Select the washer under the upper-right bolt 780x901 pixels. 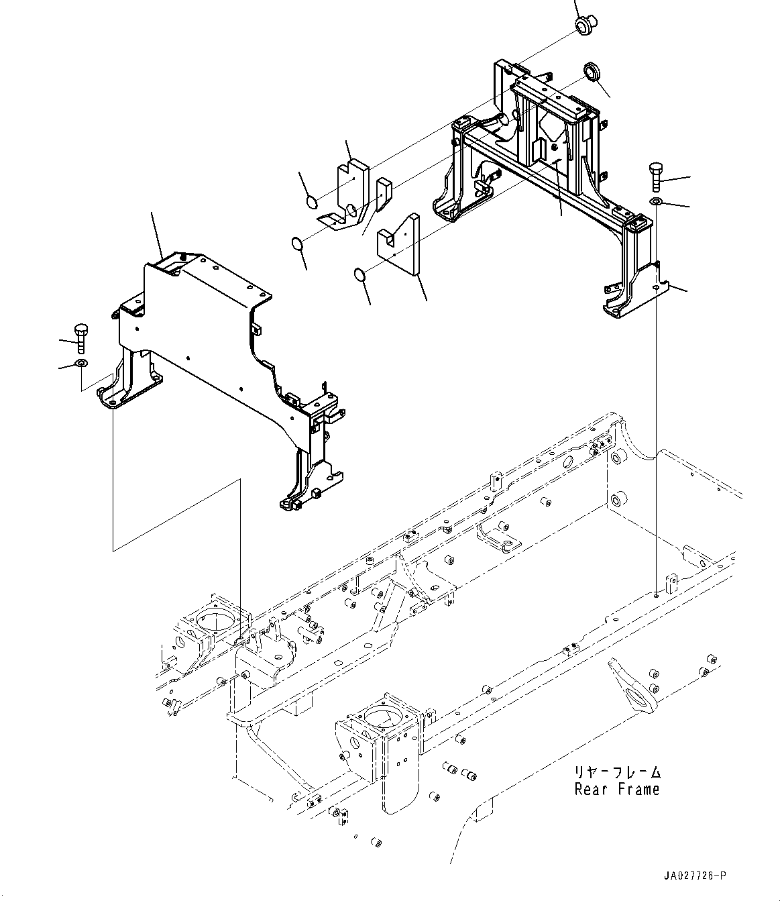pyautogui.click(x=656, y=202)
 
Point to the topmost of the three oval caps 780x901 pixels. pyautogui.click(x=311, y=201)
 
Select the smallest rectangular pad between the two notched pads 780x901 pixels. pyautogui.click(x=382, y=194)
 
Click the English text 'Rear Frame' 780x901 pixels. pyautogui.click(x=616, y=790)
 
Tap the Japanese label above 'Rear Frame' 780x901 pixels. pyautogui.click(x=617, y=773)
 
